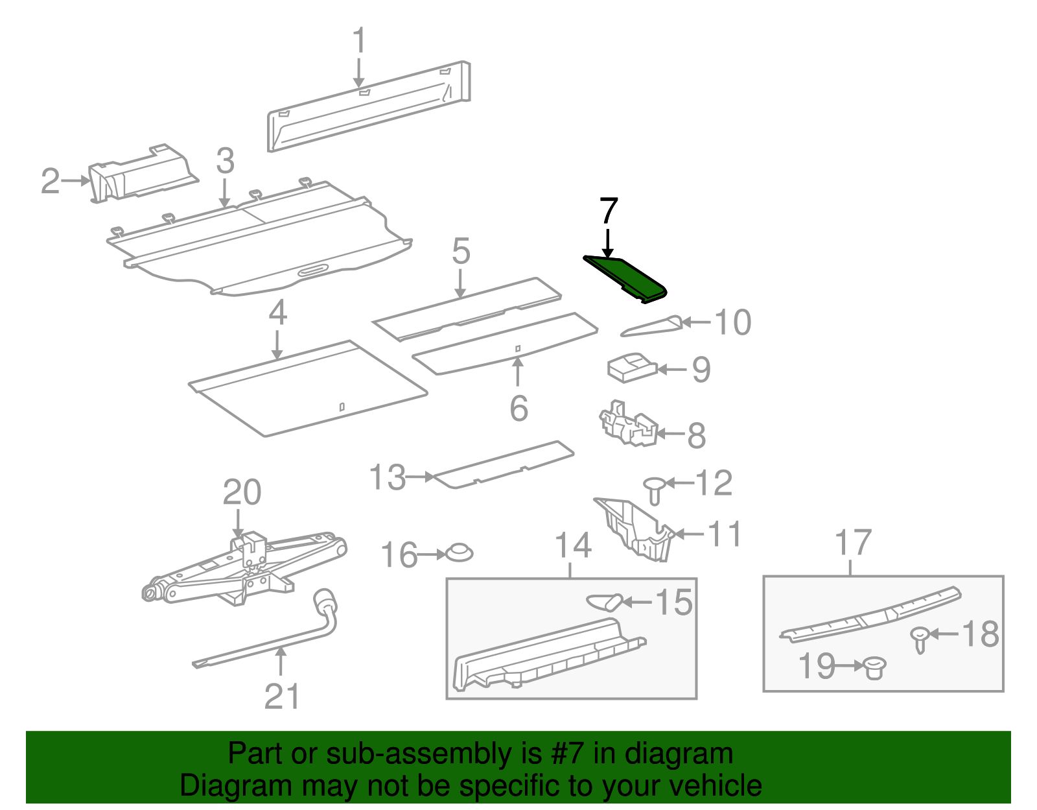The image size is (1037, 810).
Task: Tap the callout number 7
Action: coord(608,211)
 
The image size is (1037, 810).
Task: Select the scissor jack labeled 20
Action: coord(244,568)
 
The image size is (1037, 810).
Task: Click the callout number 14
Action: coord(574,545)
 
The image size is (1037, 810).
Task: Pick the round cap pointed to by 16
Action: coord(459,553)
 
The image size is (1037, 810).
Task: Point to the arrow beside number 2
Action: coord(75,180)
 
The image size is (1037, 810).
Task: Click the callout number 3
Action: coord(226,160)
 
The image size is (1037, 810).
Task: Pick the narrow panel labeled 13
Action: coord(504,464)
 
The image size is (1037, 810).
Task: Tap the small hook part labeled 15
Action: coord(605,602)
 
